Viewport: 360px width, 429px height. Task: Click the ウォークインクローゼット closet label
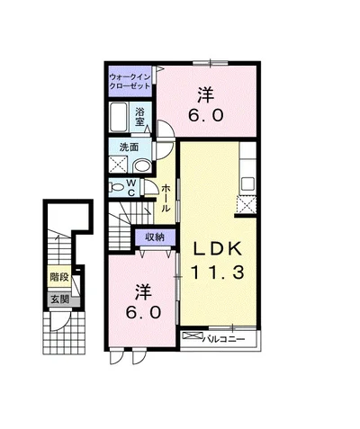(130, 81)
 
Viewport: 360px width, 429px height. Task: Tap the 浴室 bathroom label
(139, 117)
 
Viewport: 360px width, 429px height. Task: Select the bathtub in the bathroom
(118, 117)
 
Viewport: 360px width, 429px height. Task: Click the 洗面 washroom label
(129, 147)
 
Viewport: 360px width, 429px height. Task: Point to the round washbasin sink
(141, 166)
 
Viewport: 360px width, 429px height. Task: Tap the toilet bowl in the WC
(117, 187)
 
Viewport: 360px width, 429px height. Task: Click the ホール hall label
(166, 199)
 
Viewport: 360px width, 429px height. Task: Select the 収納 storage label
(155, 237)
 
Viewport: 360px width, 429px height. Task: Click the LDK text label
(217, 249)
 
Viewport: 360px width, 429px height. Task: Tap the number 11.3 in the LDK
(217, 273)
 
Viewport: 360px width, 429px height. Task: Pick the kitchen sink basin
(248, 183)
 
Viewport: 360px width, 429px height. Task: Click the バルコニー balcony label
(224, 339)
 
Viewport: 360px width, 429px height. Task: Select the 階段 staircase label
(59, 277)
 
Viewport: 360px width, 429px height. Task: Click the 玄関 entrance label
(59, 299)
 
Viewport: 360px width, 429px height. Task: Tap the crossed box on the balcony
(193, 335)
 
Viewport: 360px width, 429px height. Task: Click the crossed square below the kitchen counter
(247, 205)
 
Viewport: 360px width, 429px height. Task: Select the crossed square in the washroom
(118, 164)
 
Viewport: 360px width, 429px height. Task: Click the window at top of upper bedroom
(211, 63)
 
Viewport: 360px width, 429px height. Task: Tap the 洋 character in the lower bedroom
(143, 291)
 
